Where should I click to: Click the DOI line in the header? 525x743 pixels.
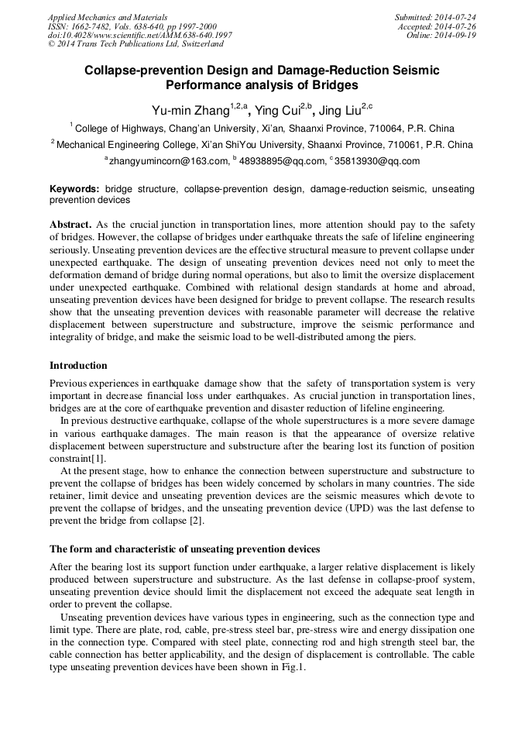tap(139, 36)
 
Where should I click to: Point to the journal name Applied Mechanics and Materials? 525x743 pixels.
tap(107, 17)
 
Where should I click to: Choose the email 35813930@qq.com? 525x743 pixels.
tap(376, 161)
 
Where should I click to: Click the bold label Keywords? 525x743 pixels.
tap(74, 189)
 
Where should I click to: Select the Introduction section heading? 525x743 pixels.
tap(78, 365)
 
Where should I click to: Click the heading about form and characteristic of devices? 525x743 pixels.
tap(184, 549)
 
